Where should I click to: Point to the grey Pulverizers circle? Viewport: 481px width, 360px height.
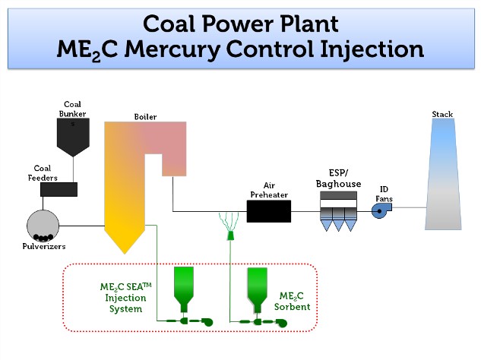click(x=43, y=226)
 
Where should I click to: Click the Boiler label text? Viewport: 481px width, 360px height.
click(x=145, y=117)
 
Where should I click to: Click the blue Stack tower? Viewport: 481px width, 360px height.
click(x=443, y=175)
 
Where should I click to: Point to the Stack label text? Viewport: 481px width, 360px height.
click(x=442, y=115)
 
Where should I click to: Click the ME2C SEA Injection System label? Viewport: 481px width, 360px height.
click(x=122, y=298)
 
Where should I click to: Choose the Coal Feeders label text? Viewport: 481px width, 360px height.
click(x=42, y=173)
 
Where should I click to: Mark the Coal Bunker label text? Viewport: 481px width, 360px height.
click(x=73, y=109)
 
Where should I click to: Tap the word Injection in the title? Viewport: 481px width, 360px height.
click(x=367, y=49)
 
